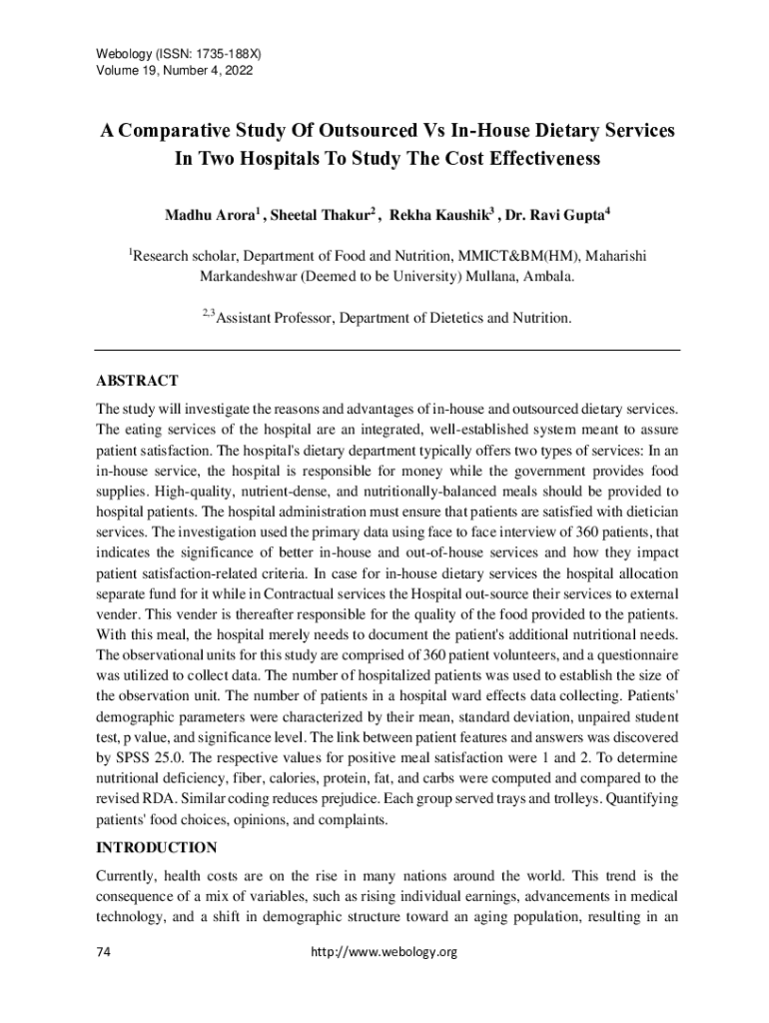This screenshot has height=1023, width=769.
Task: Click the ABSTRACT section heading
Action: click(x=137, y=381)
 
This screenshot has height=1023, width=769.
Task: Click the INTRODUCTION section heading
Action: click(x=156, y=848)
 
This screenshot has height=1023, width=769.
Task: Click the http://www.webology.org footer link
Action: click(x=384, y=952)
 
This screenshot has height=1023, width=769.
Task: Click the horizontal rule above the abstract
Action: click(x=387, y=350)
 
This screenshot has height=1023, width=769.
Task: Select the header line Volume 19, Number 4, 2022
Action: click(x=174, y=71)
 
